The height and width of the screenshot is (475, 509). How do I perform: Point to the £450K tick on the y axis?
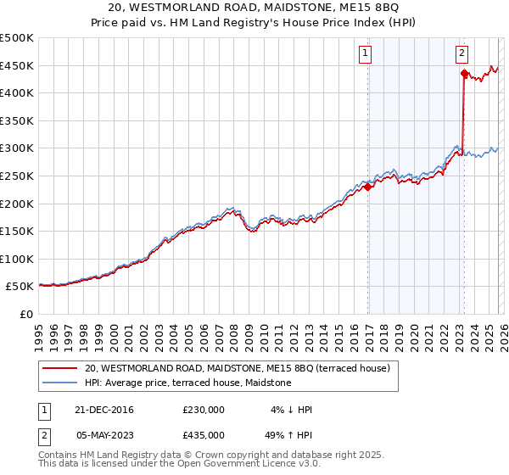click(x=17, y=65)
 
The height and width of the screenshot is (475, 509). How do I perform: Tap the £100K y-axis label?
click(x=17, y=259)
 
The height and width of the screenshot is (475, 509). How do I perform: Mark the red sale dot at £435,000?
click(x=464, y=74)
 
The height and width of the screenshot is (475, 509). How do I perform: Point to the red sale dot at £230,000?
click(x=367, y=187)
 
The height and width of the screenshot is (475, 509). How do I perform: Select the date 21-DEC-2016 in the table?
click(x=104, y=410)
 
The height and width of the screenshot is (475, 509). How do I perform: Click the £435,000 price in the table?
click(x=204, y=433)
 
